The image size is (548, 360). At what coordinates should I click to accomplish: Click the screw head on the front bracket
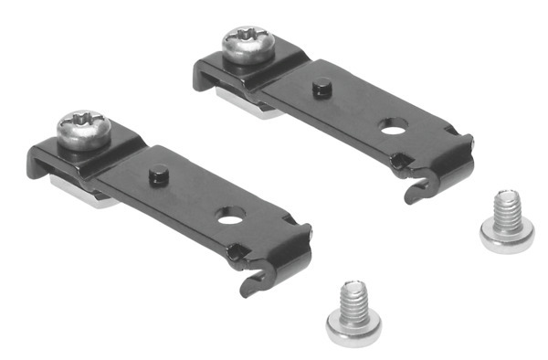pos(84,129)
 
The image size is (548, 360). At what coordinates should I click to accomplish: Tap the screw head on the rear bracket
pos(248,44)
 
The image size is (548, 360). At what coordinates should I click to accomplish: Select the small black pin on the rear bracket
pos(321,89)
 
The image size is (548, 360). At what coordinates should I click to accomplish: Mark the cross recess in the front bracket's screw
pos(85,121)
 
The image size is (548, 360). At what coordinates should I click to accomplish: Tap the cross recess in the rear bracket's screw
pos(248,37)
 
